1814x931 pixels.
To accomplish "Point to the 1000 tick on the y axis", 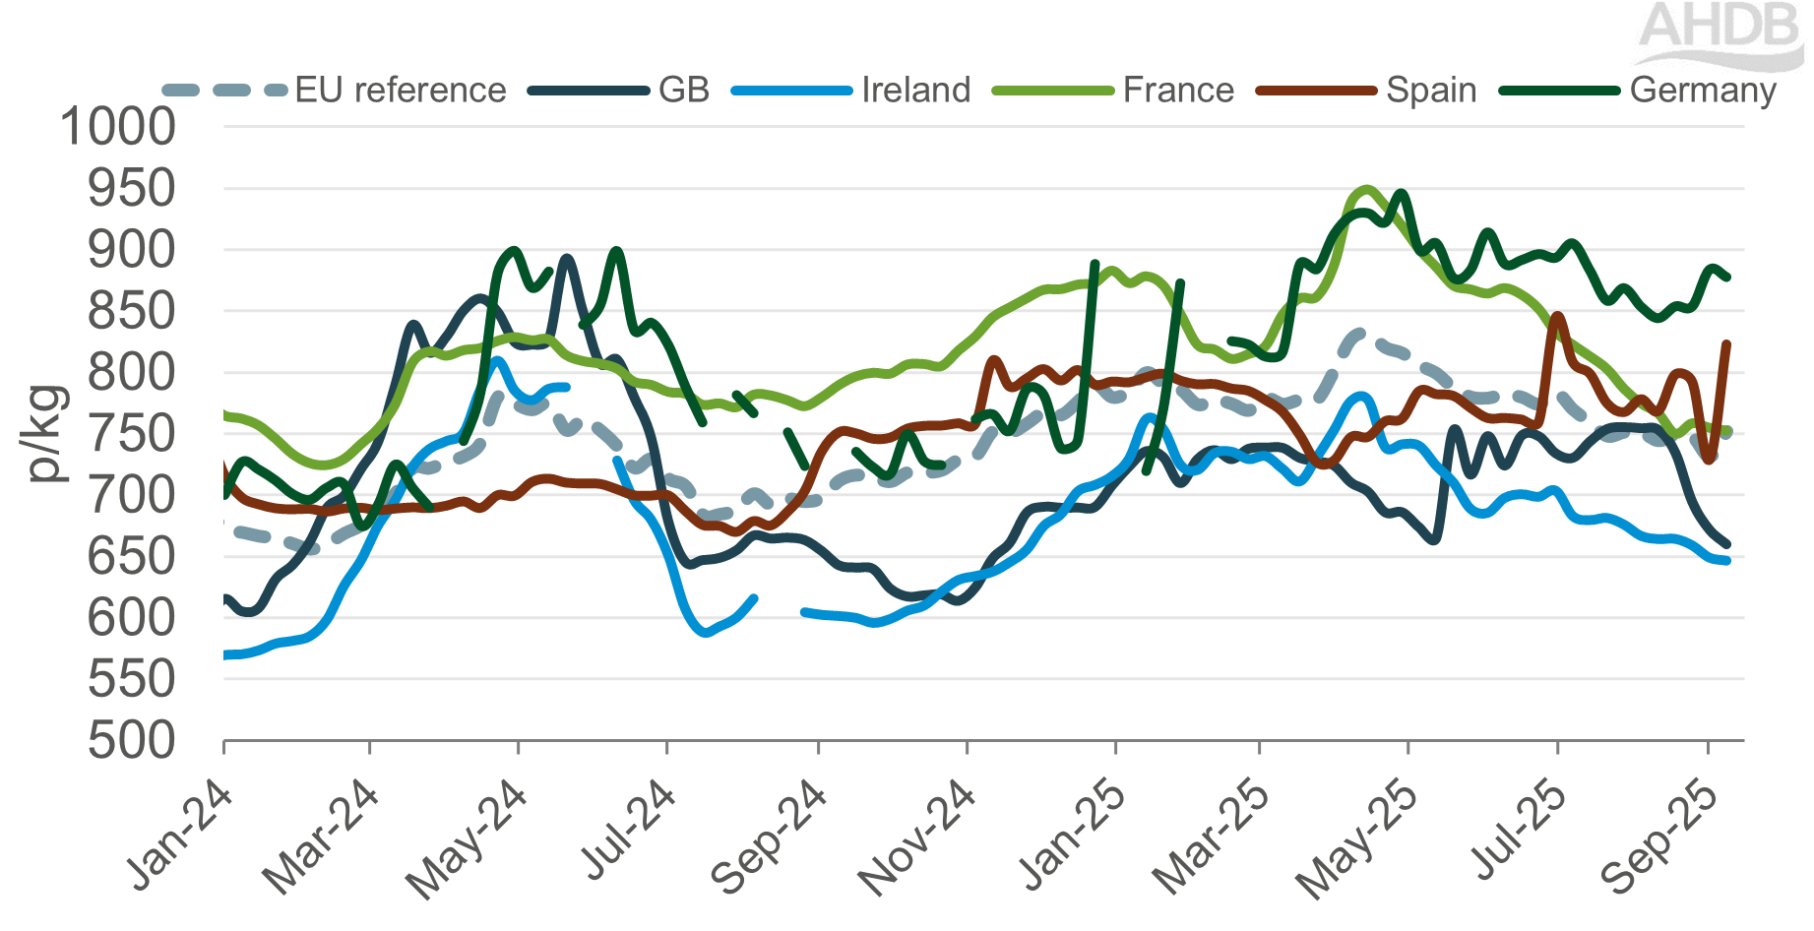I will click(117, 127).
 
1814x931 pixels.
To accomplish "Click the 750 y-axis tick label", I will click(131, 434).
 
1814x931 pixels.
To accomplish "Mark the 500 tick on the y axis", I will click(131, 741).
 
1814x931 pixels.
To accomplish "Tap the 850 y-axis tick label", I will click(131, 312).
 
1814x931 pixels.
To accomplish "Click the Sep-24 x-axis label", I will click(772, 837).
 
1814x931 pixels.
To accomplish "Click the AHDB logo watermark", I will click(1720, 34).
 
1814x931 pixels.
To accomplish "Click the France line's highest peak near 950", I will click(1366, 189).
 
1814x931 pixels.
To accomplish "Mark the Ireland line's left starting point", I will click(226, 654).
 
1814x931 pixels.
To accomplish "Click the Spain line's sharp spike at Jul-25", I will click(1557, 316).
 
